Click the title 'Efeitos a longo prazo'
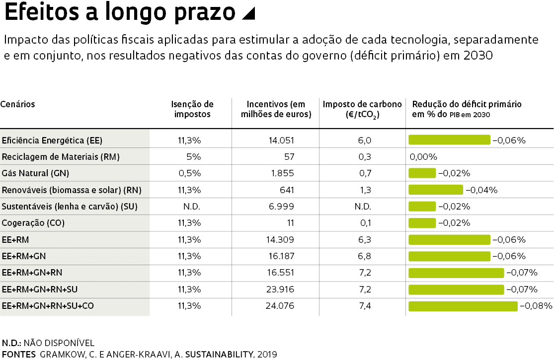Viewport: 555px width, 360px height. [x=119, y=14]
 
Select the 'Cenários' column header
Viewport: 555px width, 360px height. [x=18, y=104]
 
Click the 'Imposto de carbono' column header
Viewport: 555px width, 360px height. [x=362, y=109]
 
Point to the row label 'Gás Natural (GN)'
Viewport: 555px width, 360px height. [x=36, y=173]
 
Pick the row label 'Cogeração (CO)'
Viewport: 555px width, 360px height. [x=33, y=223]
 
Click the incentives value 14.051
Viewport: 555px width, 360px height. [x=281, y=140]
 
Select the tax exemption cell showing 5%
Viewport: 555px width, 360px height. [x=194, y=157]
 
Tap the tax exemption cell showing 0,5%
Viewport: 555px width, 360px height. [x=191, y=173]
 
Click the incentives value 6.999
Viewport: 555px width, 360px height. [x=281, y=207]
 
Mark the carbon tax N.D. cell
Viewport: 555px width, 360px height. [x=363, y=207]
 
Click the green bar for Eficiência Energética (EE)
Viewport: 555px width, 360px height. [x=449, y=140]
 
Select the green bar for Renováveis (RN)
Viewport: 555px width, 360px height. [x=435, y=190]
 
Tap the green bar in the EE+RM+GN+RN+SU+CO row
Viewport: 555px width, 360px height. [x=463, y=306]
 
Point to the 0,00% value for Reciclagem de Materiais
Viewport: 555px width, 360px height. [x=423, y=157]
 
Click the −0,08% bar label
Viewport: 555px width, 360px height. [x=536, y=306]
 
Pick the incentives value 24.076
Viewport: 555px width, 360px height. [x=280, y=306]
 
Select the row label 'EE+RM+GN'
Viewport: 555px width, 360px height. [x=24, y=256]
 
